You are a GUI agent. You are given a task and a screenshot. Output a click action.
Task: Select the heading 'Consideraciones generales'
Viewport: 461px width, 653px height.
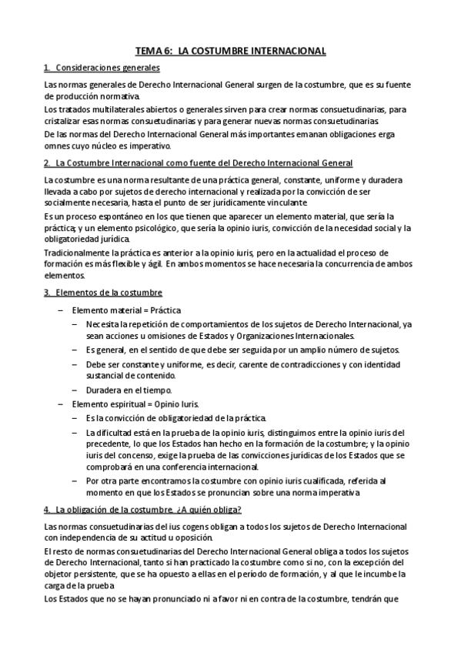click(x=102, y=69)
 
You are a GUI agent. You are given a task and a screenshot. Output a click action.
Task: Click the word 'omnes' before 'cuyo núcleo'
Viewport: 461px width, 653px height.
click(x=58, y=146)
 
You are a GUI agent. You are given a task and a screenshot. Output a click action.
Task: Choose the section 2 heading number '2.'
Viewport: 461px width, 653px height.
click(x=48, y=163)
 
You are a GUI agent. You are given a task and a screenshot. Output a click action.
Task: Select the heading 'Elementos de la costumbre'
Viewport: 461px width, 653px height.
click(x=108, y=293)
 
